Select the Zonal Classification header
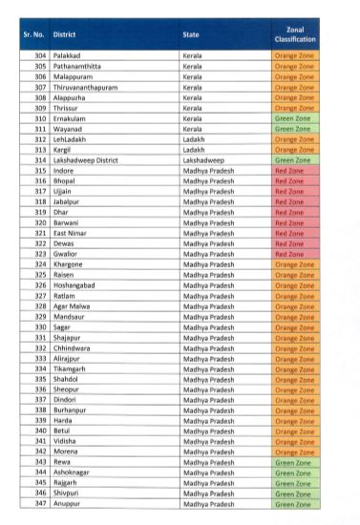pos(294,38)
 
